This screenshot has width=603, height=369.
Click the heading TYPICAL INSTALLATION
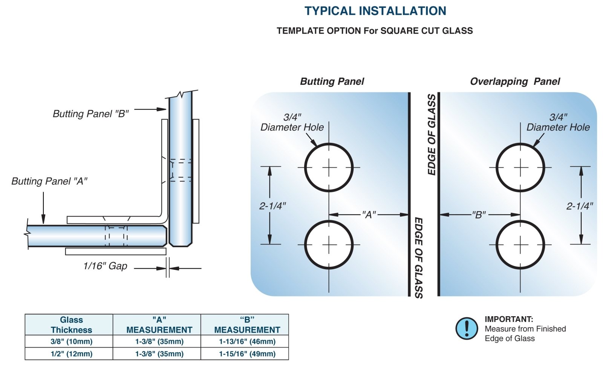[375, 11]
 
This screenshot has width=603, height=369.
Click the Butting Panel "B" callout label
[90, 114]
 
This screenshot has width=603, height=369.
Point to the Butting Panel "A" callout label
[49, 181]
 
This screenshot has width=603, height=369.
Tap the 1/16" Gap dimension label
[105, 266]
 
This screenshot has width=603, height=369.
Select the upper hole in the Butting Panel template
[329, 168]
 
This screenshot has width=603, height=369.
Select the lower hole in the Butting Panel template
[329, 245]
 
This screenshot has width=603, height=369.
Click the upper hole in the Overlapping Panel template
[520, 168]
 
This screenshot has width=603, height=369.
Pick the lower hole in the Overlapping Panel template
[520, 245]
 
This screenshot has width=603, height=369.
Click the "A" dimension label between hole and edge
[369, 215]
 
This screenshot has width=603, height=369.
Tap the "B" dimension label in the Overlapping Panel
[479, 215]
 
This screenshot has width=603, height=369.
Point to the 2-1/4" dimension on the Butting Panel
[272, 206]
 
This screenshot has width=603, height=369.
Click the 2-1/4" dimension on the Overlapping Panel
[580, 206]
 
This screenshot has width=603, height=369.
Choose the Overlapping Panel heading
[515, 81]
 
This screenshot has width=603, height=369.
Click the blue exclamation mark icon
[467, 328]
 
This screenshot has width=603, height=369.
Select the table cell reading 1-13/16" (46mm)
[247, 341]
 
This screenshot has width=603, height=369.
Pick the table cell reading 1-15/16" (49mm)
[247, 354]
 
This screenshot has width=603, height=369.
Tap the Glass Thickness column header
[71, 325]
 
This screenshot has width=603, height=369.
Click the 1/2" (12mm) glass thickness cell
[71, 354]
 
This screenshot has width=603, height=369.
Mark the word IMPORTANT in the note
[509, 319]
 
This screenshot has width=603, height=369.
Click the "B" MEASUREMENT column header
[247, 325]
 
